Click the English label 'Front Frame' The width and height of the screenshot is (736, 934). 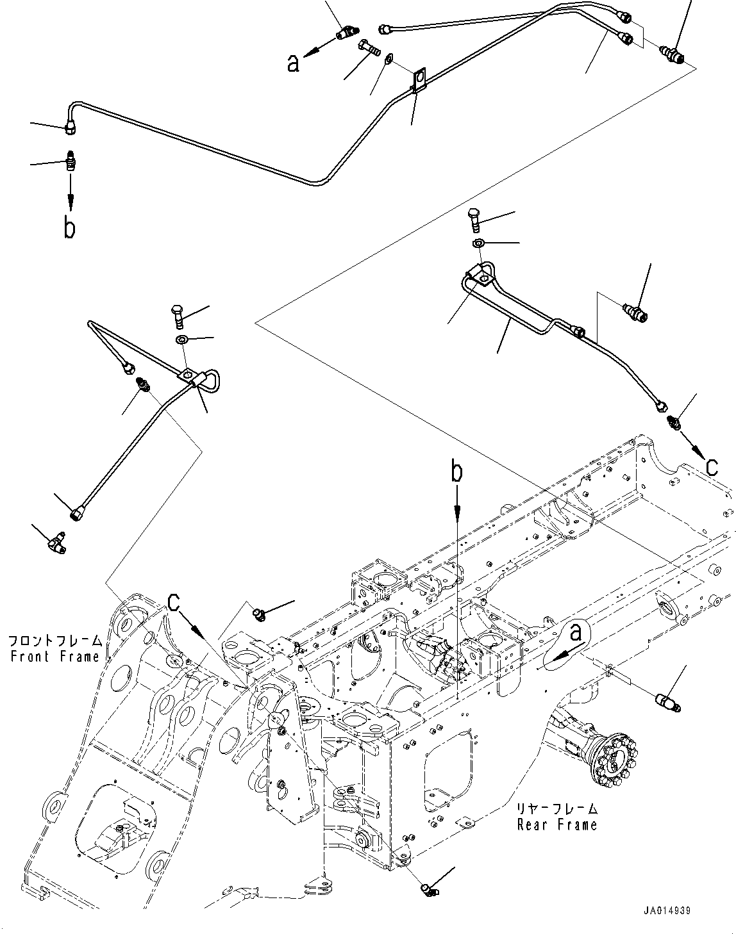[x=54, y=656]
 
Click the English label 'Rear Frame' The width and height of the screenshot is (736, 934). [x=556, y=824]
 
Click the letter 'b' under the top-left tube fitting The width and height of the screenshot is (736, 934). [x=69, y=227]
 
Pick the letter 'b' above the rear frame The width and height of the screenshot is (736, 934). [x=456, y=472]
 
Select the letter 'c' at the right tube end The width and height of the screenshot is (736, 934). [x=712, y=467]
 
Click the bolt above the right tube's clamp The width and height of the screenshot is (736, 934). [x=474, y=220]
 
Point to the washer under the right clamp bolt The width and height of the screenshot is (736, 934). [x=479, y=243]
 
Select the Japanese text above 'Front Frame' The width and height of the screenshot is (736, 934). [x=54, y=641]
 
